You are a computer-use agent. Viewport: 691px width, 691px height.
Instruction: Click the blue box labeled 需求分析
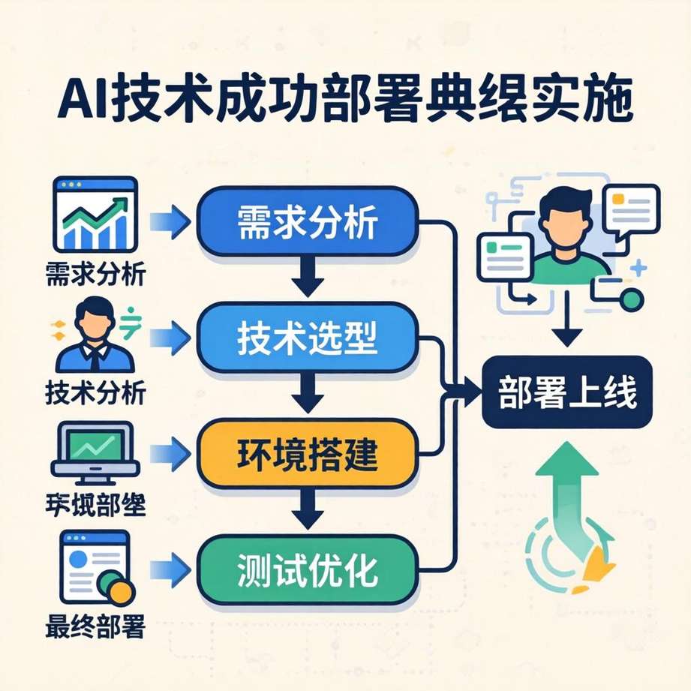click(x=307, y=221)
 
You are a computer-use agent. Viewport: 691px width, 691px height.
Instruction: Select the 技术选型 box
click(x=307, y=340)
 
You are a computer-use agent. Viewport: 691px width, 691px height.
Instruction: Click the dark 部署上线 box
click(x=566, y=392)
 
